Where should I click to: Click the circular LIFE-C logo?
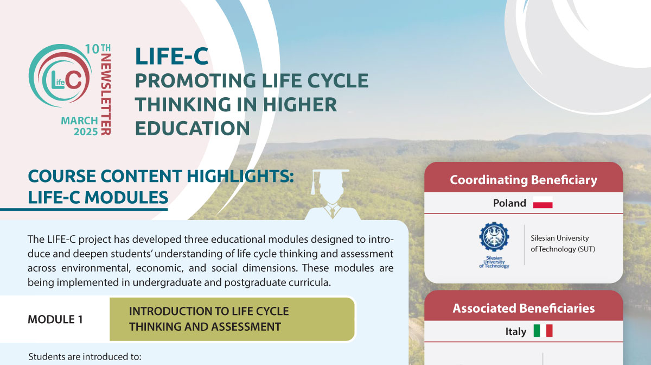click(60, 75)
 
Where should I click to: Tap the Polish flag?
click(542, 202)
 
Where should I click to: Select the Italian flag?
click(543, 331)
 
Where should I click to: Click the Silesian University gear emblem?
click(494, 237)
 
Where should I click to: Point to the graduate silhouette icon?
click(331, 194)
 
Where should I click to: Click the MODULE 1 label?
click(55, 319)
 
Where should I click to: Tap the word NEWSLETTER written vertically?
click(106, 94)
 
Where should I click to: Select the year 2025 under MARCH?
click(86, 132)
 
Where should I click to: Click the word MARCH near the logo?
click(79, 121)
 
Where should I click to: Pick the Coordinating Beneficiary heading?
click(524, 180)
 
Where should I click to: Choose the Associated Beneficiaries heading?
click(524, 309)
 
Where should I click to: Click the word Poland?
click(509, 203)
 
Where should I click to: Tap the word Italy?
click(516, 331)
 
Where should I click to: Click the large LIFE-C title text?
click(172, 56)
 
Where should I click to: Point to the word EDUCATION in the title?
click(193, 128)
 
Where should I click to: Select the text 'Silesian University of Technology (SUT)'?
click(563, 244)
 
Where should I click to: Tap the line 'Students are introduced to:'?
click(85, 356)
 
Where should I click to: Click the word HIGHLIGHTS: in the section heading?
click(240, 176)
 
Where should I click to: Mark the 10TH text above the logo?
click(98, 49)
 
